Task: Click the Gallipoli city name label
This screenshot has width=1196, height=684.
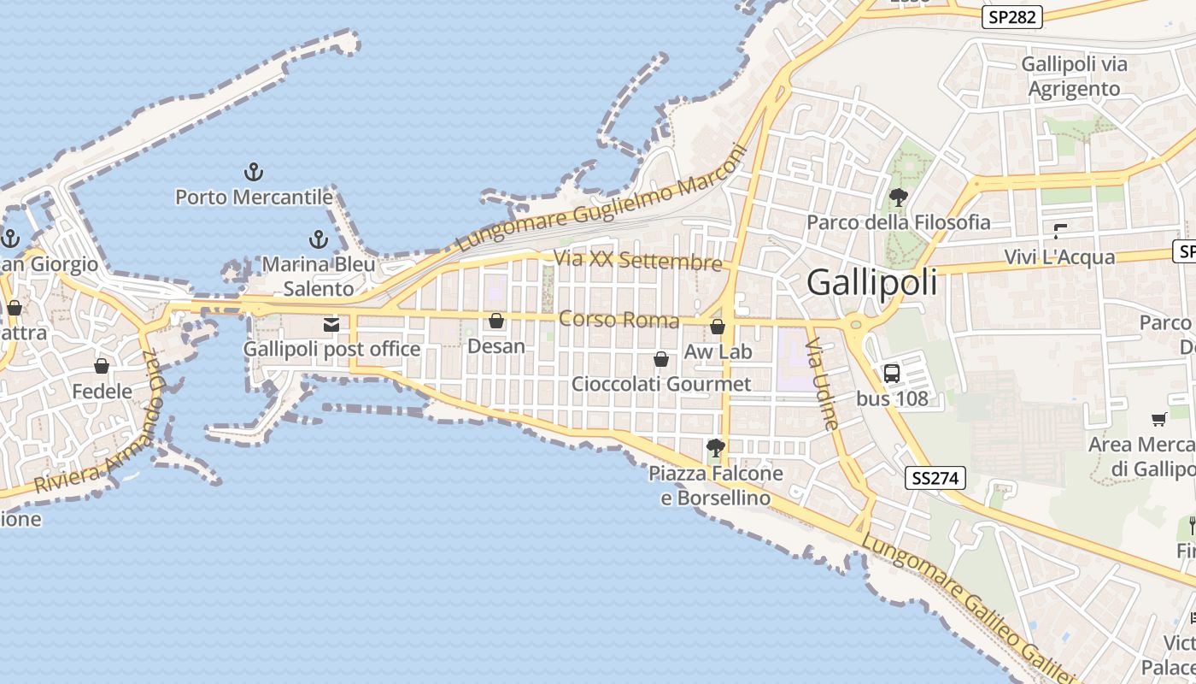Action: pos(871,282)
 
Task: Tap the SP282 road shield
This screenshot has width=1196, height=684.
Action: pos(1011,17)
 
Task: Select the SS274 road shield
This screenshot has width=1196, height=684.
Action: pos(935,478)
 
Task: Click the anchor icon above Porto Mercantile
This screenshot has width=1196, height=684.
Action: pos(253,172)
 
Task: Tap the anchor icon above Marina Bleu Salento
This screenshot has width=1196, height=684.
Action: pos(319,239)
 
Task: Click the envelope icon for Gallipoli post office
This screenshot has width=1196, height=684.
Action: pos(331,324)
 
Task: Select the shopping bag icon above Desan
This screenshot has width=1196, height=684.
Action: pos(495,321)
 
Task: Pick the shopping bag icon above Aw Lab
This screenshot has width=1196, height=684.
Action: pos(718,327)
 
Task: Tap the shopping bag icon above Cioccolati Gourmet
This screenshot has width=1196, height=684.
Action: pos(660,359)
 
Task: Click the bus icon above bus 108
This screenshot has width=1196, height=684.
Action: pos(891,373)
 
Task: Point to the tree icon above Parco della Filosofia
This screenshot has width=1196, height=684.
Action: pos(898,198)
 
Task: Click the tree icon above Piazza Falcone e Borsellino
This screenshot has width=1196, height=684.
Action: pos(715,447)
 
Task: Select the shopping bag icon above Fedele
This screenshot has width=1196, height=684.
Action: pos(102,366)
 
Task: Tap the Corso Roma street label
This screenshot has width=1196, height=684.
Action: pos(619,320)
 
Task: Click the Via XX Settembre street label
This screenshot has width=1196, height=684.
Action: pos(637,260)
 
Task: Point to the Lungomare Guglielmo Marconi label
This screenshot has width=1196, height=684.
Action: pos(602,199)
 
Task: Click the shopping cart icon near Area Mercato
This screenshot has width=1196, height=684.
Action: pos(1159,419)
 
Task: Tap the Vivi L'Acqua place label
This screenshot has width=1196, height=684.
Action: pos(1059,257)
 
